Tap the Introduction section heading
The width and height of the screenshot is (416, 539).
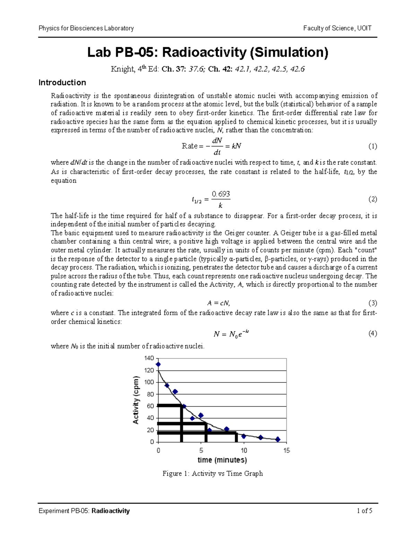pos(62,83)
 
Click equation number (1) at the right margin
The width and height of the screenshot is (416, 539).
pos(373,146)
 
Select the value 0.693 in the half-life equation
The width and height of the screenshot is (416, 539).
pos(221,194)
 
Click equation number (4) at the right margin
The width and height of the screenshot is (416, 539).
pos(373,334)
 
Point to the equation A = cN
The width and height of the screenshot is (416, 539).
pos(218,303)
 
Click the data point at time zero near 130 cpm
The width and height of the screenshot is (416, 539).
pos(158,364)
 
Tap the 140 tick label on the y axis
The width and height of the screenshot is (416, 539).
pos(149,358)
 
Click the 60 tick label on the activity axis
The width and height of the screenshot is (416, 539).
pos(150,406)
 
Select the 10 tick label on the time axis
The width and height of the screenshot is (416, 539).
pos(244,450)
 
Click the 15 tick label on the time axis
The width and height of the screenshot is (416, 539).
pos(286,450)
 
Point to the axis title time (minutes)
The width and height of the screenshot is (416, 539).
pos(222,460)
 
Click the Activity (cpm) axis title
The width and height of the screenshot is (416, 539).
pos(136,400)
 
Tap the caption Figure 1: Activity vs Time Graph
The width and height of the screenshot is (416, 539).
pos(213,473)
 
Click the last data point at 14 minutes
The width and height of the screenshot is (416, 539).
pos(278,439)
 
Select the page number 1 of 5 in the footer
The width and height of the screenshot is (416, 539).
pos(364,511)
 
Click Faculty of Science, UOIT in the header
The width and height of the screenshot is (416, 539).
pos(337,28)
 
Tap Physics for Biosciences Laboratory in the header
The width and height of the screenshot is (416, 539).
pos(86,28)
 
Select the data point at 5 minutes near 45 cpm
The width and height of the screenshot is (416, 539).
pos(201,415)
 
